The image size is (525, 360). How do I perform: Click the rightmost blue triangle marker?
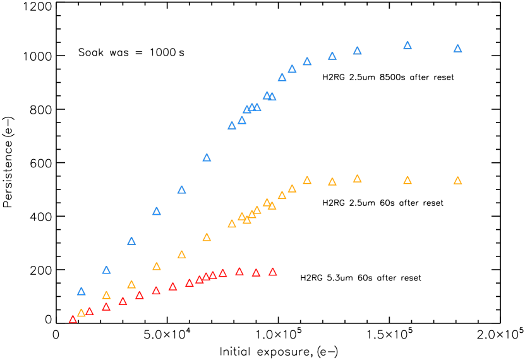point(457,49)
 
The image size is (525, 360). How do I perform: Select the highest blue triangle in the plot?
point(407,45)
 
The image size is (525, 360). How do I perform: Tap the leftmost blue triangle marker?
point(81,292)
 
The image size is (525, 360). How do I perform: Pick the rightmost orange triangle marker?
point(457,181)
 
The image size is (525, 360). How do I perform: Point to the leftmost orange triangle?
point(81,313)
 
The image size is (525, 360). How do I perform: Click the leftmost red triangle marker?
point(73,320)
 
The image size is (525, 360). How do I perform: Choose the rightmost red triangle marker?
point(272,272)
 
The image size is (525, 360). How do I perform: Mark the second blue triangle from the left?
point(106,270)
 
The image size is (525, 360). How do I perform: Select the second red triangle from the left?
point(90,311)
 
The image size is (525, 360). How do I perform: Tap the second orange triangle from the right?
point(407,181)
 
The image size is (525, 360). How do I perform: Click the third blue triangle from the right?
point(357,51)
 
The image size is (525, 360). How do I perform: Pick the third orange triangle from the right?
point(357,179)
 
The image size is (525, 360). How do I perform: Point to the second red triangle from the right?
point(256,273)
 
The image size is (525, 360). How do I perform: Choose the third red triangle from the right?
point(239,272)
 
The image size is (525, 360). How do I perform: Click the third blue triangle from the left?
point(131,241)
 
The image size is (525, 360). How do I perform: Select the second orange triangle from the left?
point(106,296)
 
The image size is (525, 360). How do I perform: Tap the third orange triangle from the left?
point(131,285)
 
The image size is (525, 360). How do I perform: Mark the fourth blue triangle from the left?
point(157,212)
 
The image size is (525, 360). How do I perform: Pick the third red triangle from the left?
point(106,307)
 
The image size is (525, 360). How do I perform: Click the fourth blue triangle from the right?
point(332,56)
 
